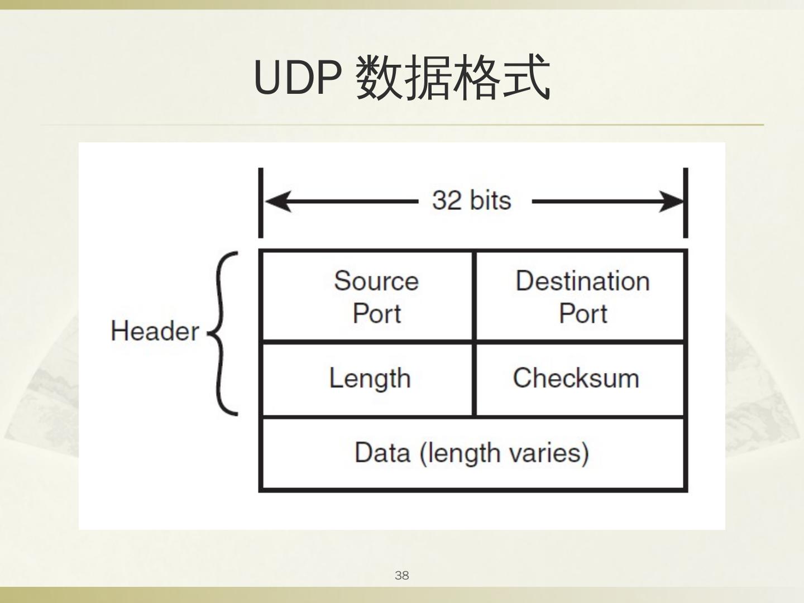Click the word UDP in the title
[x=297, y=78]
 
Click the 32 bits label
[x=471, y=200]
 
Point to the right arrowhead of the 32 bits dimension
[x=669, y=202]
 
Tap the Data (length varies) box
[x=472, y=453]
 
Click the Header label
[x=154, y=331]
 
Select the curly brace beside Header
[x=224, y=333]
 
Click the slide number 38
[x=401, y=576]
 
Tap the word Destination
[x=582, y=281]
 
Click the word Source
[x=376, y=281]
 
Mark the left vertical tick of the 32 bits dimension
[x=260, y=202]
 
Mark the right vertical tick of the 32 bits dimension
[x=686, y=202]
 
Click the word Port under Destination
[x=583, y=313]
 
